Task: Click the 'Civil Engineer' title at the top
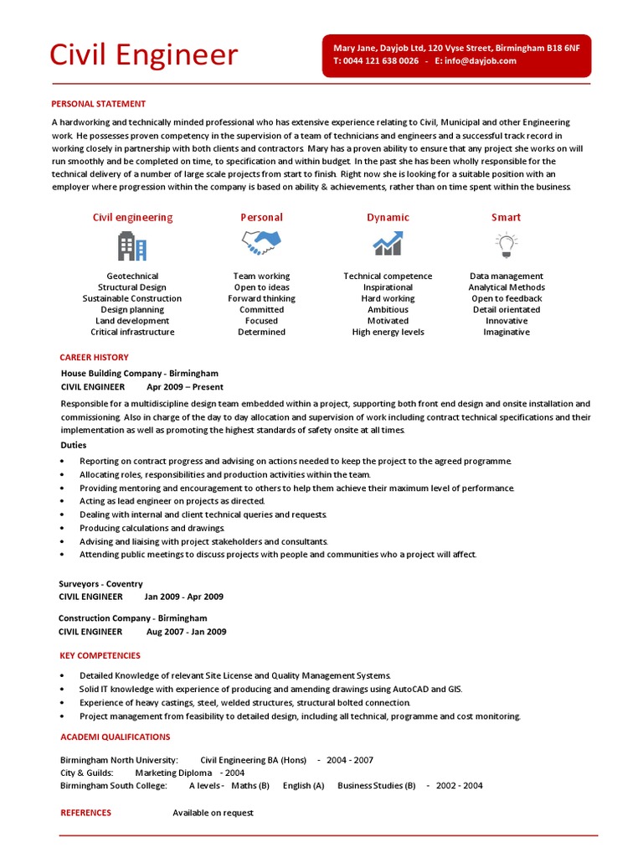coord(143,55)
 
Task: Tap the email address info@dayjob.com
coord(481,61)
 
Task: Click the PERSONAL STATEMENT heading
coord(98,104)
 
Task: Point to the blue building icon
coord(131,246)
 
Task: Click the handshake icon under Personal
coord(261,244)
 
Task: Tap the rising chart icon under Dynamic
coord(388,244)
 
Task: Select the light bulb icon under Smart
coord(506,245)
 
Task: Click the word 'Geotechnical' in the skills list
coord(132,276)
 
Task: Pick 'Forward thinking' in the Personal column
coord(261,298)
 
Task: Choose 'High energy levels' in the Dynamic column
coord(388,332)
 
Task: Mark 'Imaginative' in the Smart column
coord(506,332)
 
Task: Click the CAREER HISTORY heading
coord(94,357)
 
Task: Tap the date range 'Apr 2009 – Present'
coord(185,387)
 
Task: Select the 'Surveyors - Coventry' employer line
coord(100,583)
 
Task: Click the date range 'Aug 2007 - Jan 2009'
coord(186,632)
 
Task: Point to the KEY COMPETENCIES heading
coord(100,655)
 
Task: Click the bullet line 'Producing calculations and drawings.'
coord(152,528)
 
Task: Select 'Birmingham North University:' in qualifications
coord(119,760)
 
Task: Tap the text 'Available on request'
coord(213,813)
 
